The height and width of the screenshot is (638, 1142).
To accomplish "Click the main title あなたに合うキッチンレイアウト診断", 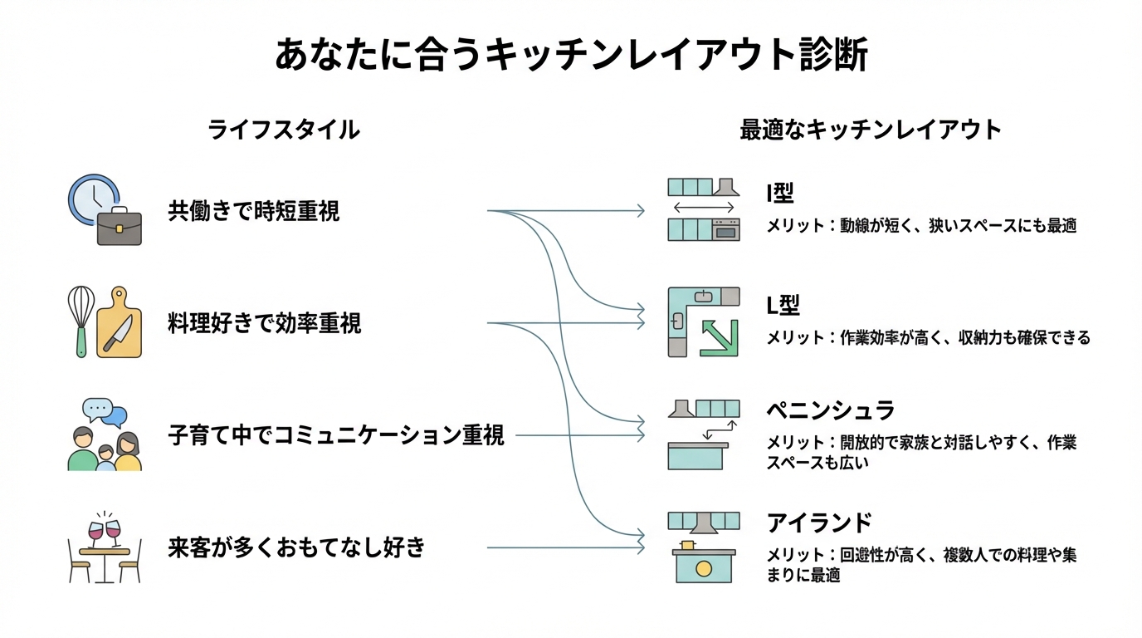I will coord(571,57).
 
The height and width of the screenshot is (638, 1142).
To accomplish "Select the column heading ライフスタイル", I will coord(283,130).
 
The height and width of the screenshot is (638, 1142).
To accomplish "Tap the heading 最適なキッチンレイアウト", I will coord(871,130).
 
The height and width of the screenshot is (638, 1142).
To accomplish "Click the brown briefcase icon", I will coord(120,226).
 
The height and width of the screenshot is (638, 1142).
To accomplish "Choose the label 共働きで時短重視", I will coord(254,212).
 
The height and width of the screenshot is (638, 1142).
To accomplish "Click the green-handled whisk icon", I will coord(81,321).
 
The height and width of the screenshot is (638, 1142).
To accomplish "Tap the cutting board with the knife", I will coord(119,324).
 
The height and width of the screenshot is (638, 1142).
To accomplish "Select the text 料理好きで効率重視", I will coord(265,323).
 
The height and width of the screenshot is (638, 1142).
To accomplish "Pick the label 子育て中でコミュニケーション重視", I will coord(336,434).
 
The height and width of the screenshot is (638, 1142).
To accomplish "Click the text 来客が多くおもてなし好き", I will coord(296,547).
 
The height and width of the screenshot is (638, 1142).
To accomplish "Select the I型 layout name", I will coord(780,194).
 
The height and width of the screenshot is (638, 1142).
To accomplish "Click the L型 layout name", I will coord(783,306).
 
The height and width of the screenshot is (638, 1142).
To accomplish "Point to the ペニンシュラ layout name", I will coord(831,410).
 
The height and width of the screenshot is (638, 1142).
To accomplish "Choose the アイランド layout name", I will coord(819,523).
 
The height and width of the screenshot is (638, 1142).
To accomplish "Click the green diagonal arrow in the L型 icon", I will coord(719,336).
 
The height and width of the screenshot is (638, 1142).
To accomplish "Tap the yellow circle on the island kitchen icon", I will coord(704,568).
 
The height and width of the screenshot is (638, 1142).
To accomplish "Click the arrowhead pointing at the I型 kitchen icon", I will coord(640,211).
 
